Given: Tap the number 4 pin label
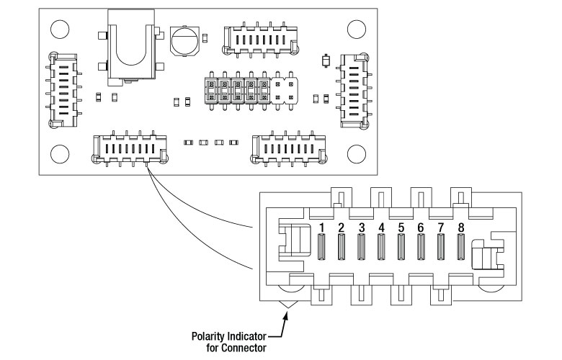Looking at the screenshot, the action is [381, 228].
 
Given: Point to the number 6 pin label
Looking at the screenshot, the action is [421, 228].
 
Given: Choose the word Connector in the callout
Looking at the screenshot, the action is [244, 348].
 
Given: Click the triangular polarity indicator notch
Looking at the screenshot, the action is [288, 304].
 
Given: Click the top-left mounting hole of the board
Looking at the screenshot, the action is [60, 30].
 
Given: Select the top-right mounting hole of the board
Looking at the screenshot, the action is [357, 30].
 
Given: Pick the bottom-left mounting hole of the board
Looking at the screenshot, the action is [60, 154].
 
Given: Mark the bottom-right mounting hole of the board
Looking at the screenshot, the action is [357, 154].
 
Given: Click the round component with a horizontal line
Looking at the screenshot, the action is [185, 40].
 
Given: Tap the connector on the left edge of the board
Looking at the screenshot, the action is [63, 90].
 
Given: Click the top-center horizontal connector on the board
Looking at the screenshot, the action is [261, 40].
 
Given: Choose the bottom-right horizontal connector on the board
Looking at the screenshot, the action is [289, 148].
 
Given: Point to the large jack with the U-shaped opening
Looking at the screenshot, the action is [131, 47].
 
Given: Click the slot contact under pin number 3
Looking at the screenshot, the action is [361, 247].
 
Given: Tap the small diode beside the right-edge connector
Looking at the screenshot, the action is [326, 61].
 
